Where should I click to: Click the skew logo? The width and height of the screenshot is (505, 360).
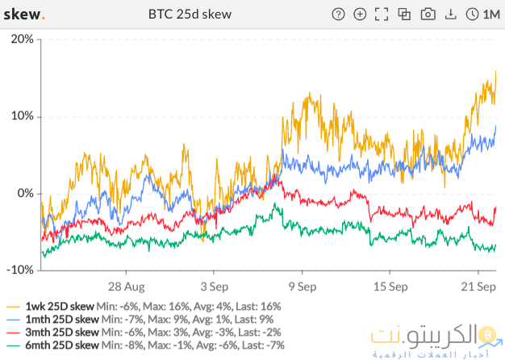pos(25,15)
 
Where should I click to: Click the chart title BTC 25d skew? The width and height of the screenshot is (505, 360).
pos(190,15)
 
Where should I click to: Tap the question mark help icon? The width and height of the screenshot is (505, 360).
pos(339,15)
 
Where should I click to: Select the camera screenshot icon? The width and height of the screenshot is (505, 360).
pos(428,15)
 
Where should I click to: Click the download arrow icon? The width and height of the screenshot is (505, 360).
pos(450,15)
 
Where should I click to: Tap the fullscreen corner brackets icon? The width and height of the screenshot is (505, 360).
pos(383,15)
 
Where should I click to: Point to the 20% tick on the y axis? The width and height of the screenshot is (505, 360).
pos(21,39)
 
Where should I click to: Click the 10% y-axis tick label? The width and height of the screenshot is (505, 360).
pos(21,116)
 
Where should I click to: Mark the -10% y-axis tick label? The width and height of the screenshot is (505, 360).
pos(19,270)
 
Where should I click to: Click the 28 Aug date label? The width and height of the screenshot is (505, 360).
pos(126,286)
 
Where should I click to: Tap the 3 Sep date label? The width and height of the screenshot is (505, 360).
pos(214,286)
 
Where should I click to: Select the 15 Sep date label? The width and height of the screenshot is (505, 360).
pos(388,286)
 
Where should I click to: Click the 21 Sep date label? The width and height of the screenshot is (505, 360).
pos(476,286)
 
